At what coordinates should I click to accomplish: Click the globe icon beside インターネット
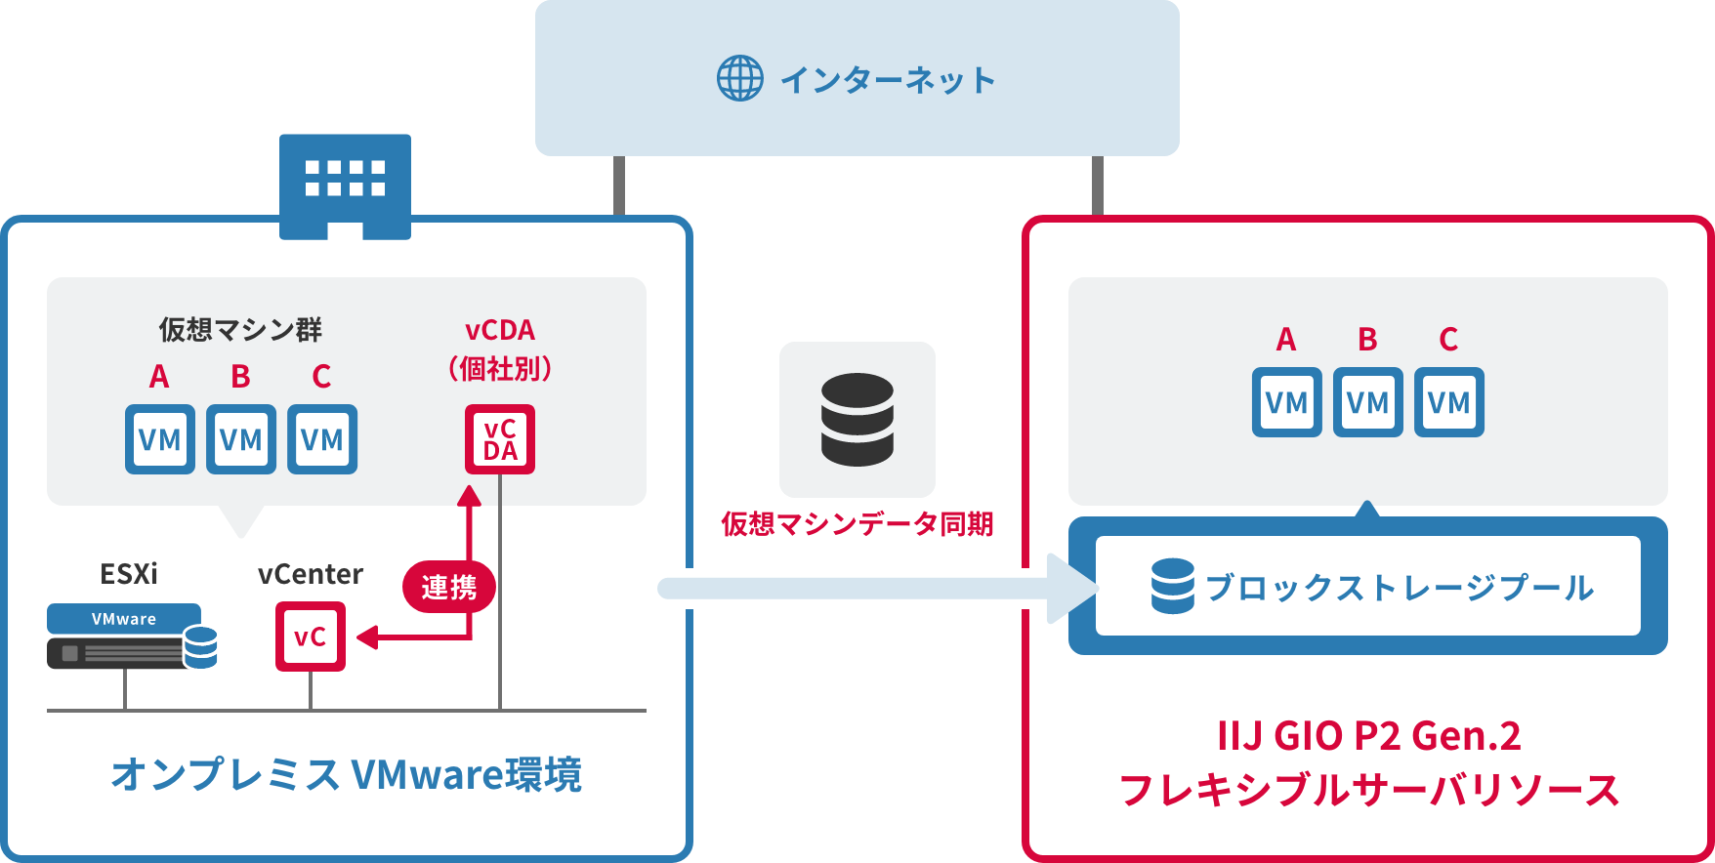[740, 78]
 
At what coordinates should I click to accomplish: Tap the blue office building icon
[345, 185]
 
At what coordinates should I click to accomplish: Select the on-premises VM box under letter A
[160, 439]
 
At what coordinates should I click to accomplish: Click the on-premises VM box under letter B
[241, 439]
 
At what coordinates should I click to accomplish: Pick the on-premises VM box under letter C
[322, 439]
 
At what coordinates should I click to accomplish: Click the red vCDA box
[500, 439]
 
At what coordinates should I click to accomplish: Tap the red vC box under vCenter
[311, 637]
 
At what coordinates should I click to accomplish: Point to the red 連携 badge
[449, 587]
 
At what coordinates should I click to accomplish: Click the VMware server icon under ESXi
[131, 637]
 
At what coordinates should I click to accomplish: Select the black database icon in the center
[857, 419]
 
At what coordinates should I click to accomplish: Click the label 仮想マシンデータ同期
[857, 524]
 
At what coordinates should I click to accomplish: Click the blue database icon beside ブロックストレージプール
[1172, 586]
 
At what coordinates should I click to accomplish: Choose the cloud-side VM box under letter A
[1287, 402]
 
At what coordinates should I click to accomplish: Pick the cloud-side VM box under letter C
[1449, 402]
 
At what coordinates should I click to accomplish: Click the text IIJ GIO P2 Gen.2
[1369, 736]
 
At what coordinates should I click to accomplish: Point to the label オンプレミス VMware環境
[347, 775]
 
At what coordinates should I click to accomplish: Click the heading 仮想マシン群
[240, 330]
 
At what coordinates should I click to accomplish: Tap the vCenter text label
[311, 574]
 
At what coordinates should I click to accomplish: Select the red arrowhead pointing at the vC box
[367, 638]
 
